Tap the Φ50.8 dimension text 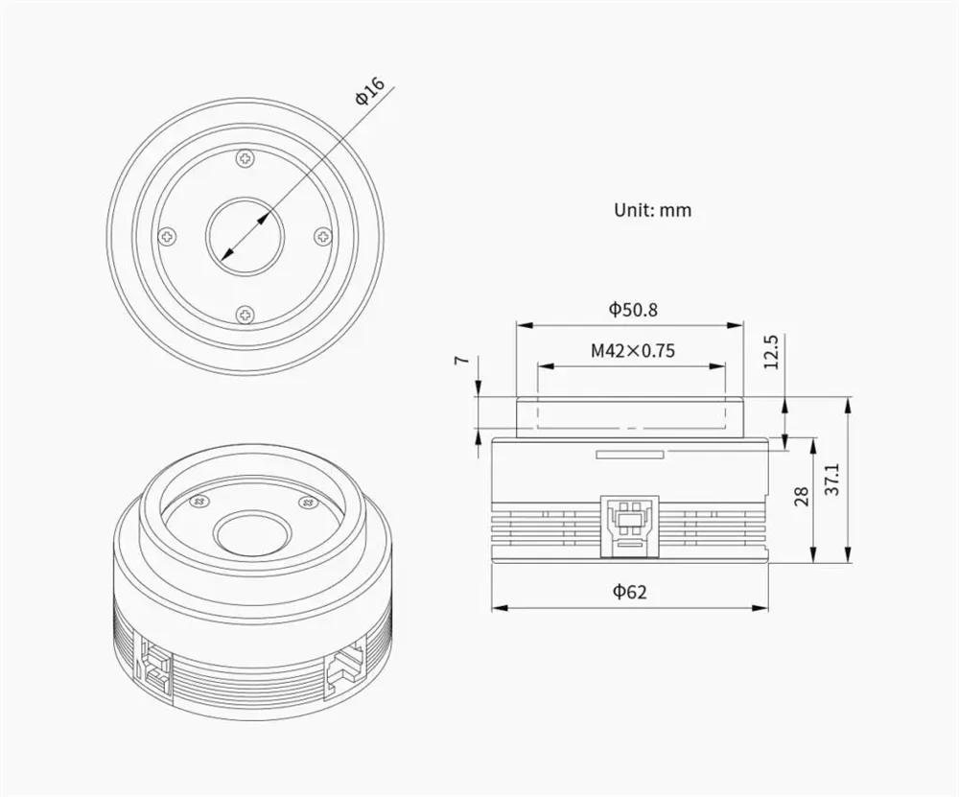point(633,310)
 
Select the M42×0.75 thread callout point(633,350)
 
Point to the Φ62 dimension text point(630,592)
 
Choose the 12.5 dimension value point(771,352)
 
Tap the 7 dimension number point(463,360)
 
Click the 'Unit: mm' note point(652,210)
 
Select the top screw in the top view point(246,159)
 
